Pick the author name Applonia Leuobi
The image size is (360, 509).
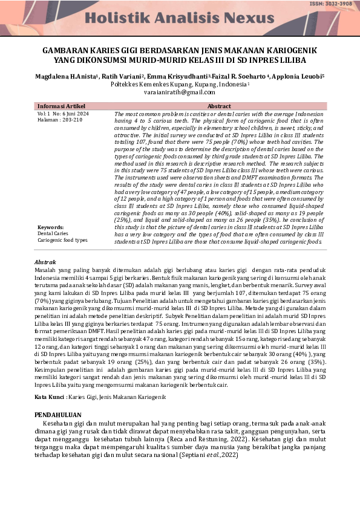click(301, 77)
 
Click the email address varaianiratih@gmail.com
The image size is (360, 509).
click(180, 92)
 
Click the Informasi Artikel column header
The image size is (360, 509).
click(63, 106)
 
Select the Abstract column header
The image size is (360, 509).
click(219, 106)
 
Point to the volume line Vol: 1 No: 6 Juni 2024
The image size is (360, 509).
click(63, 114)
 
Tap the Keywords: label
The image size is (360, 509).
click(51, 227)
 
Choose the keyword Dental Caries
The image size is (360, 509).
click(53, 233)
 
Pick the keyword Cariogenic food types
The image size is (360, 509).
click(62, 240)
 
